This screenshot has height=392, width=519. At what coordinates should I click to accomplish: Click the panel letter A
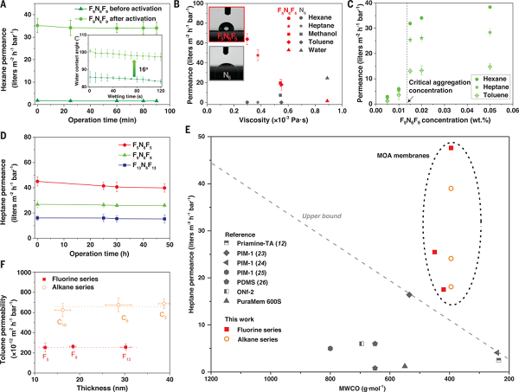[4, 5]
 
